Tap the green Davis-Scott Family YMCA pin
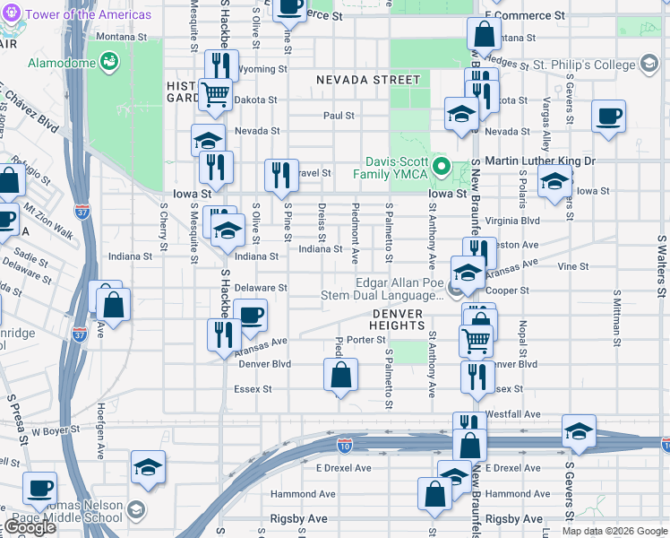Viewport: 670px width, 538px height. tap(441, 167)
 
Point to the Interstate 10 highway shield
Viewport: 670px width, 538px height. tap(345, 443)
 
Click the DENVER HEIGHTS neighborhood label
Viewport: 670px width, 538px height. tap(397, 318)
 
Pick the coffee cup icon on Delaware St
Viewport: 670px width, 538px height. tap(250, 315)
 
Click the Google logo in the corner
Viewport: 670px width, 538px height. tap(30, 527)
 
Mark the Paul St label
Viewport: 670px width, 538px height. tap(339, 116)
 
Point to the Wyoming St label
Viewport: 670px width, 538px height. tap(262, 69)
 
